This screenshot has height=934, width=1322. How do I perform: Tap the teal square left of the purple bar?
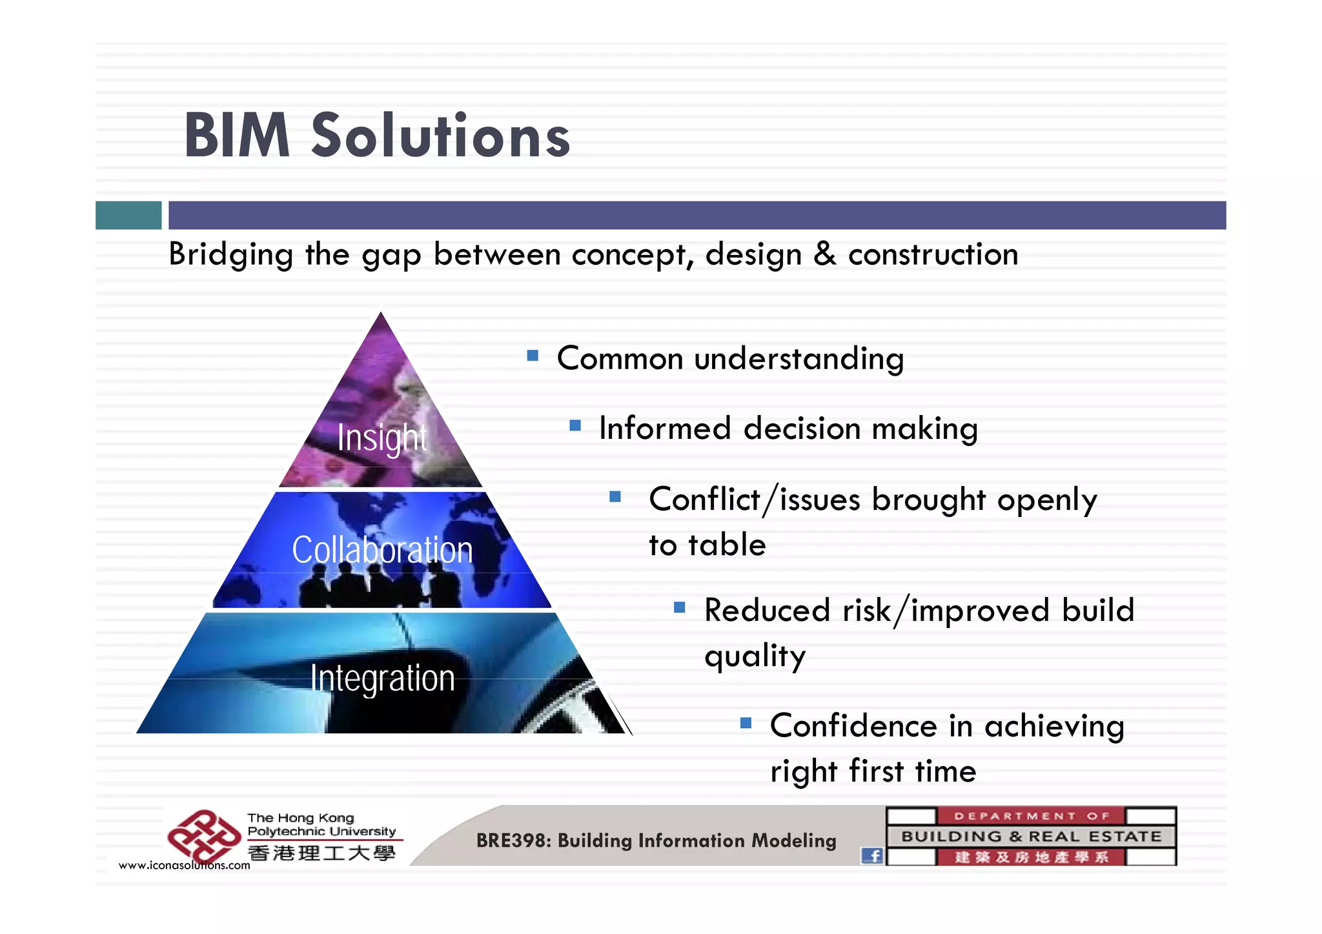[128, 215]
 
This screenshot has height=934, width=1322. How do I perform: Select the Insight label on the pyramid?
[382, 438]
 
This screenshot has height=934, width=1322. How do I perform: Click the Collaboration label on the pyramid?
[382, 550]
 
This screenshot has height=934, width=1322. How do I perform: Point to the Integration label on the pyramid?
[382, 678]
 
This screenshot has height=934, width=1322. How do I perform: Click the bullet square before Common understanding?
[533, 356]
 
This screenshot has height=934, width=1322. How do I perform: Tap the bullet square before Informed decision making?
[575, 426]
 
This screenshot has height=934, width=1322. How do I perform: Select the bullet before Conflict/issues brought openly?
[615, 496]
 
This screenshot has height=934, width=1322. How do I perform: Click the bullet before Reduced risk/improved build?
[679, 607]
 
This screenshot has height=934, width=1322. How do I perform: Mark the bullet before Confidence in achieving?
[746, 723]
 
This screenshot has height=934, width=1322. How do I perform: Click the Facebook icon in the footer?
[872, 856]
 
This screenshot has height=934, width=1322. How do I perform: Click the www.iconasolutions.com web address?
[184, 866]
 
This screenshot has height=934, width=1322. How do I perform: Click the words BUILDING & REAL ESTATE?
[1031, 837]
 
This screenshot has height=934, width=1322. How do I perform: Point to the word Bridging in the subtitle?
[231, 254]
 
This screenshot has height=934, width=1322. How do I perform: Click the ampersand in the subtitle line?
[824, 254]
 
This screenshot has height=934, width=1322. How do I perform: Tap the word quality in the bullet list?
[755, 656]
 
